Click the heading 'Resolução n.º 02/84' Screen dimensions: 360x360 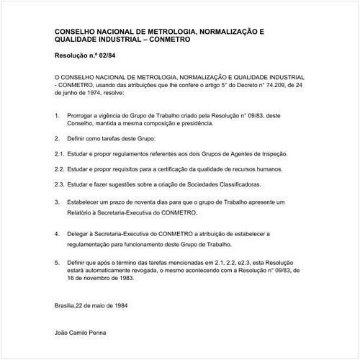82,55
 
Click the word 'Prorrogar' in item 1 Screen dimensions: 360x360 83,115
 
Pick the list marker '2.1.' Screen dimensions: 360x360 60,154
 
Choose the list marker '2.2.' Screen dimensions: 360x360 60,169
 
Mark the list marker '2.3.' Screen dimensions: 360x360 60,185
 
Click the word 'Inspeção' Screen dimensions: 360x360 271,154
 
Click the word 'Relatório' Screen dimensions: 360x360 83,213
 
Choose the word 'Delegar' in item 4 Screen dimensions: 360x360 80,234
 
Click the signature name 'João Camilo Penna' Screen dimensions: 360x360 82,333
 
